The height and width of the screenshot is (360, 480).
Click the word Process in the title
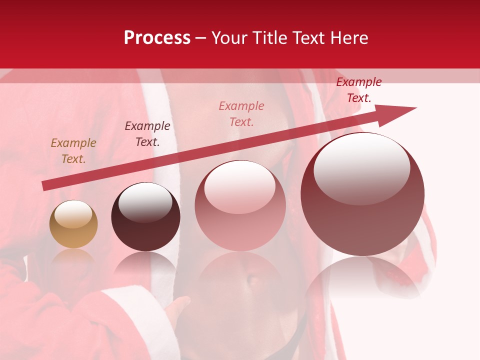tap(157, 38)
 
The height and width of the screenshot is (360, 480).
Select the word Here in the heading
tap(348, 38)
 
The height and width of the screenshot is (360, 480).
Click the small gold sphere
tap(73, 224)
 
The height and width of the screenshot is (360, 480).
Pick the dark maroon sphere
tap(145, 217)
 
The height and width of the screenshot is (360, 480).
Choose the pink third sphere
tap(240, 206)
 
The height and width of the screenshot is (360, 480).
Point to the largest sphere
tap(362, 194)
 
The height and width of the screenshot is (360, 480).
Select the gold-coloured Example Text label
tap(73, 151)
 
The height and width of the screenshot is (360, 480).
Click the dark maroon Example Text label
tap(147, 134)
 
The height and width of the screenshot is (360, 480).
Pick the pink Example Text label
tap(241, 114)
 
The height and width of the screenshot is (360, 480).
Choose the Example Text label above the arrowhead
tap(359, 90)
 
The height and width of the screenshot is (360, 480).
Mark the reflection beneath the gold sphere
tap(73, 257)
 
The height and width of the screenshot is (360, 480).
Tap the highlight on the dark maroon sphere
tap(145, 202)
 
